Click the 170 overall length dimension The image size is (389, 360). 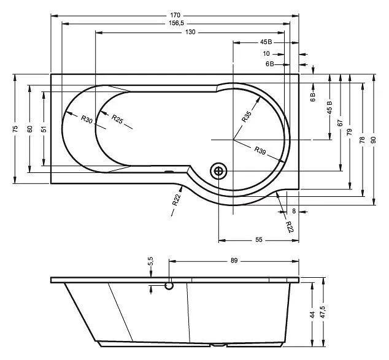175,15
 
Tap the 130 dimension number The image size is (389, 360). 190,33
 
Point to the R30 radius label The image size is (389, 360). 87,119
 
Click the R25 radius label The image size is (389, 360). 117,119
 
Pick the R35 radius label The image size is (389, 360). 247,117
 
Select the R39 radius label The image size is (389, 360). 260,150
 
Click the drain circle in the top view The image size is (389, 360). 218,171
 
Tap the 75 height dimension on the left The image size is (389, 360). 15,129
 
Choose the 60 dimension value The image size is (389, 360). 30,129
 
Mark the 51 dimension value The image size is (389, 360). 44,129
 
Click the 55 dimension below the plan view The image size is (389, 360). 258,240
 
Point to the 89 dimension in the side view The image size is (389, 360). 234,260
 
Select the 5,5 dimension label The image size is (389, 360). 151,261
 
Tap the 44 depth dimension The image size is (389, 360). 312,315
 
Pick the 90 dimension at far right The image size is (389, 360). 374,140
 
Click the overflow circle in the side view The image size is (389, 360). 169,286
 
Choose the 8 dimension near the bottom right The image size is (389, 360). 294,211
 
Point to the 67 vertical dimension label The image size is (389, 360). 340,123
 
